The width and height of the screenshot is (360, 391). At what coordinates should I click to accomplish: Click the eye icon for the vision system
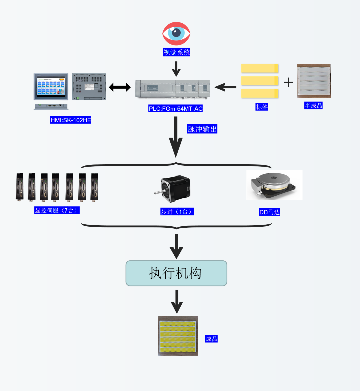(x=176, y=33)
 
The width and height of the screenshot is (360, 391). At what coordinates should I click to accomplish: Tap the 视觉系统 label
(x=176, y=52)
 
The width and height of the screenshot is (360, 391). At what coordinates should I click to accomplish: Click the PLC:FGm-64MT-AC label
(x=176, y=109)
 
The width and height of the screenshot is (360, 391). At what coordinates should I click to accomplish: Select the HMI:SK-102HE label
(x=71, y=120)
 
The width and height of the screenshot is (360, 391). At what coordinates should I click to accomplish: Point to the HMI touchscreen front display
(x=51, y=87)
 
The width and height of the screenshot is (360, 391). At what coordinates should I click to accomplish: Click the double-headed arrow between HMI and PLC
(x=120, y=87)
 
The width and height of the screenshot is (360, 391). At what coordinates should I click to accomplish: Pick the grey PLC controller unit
(x=173, y=89)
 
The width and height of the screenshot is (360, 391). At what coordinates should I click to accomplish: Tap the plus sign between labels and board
(x=288, y=82)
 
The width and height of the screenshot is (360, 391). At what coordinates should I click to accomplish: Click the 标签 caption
(x=262, y=107)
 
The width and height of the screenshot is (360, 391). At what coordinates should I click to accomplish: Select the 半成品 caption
(x=313, y=106)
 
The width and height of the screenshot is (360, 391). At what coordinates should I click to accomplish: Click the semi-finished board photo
(x=314, y=81)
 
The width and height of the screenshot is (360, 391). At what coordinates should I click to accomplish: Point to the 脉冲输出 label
(x=202, y=129)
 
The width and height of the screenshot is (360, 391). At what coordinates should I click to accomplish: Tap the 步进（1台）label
(x=177, y=212)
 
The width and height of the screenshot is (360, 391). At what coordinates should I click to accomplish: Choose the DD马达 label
(x=269, y=212)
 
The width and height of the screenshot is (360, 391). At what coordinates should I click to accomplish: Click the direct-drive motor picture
(x=274, y=185)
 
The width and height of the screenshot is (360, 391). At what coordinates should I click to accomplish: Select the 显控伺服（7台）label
(x=57, y=210)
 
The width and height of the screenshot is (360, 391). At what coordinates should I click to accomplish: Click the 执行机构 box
(x=176, y=273)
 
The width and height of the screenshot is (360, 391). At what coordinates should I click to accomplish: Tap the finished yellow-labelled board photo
(x=178, y=336)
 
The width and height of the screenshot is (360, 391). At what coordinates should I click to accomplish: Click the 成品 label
(x=211, y=339)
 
